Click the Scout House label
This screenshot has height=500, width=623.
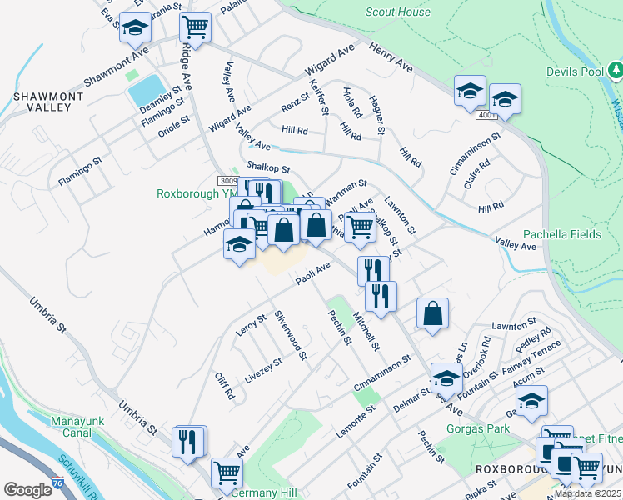pyautogui.click(x=398, y=12)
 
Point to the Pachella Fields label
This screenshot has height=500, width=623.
pyautogui.click(x=561, y=234)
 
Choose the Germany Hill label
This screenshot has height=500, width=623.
pyautogui.click(x=266, y=493)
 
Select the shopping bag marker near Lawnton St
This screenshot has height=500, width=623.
pyautogui.click(x=432, y=314)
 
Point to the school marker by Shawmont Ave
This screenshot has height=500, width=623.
pyautogui.click(x=134, y=29)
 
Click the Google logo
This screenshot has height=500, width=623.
pyautogui.click(x=27, y=490)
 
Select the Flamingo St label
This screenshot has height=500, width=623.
pyautogui.click(x=80, y=171)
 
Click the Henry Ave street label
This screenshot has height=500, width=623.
pyautogui.click(x=391, y=57)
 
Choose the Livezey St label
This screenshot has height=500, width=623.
pyautogui.click(x=263, y=371)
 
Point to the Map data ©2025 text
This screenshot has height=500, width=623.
pyautogui.click(x=586, y=493)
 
